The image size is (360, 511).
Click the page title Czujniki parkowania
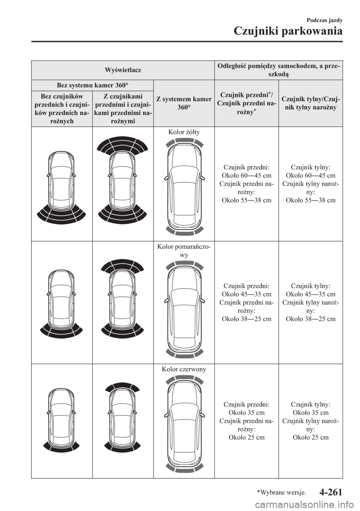pyautogui.click(x=288, y=32)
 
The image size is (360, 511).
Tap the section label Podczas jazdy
pyautogui.click(x=325, y=20)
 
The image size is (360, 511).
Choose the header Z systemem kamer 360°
pyautogui.click(x=184, y=103)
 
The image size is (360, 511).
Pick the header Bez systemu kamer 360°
pyautogui.click(x=92, y=85)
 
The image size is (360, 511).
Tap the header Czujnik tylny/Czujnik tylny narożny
pyautogui.click(x=310, y=103)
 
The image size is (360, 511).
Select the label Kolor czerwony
pyautogui.click(x=184, y=369)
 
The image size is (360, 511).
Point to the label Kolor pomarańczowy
pyautogui.click(x=184, y=251)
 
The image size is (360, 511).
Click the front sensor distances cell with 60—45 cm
pyautogui.click(x=246, y=183)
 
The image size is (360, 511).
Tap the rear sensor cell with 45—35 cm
pyautogui.click(x=310, y=302)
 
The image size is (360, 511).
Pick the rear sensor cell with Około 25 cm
pyautogui.click(x=310, y=421)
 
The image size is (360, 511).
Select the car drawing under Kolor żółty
pyautogui.click(x=184, y=186)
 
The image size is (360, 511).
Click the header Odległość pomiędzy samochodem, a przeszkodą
pyautogui.click(x=279, y=70)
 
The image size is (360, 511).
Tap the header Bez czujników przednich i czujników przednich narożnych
pyautogui.click(x=62, y=108)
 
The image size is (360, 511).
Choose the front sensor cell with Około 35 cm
pyautogui.click(x=246, y=421)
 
